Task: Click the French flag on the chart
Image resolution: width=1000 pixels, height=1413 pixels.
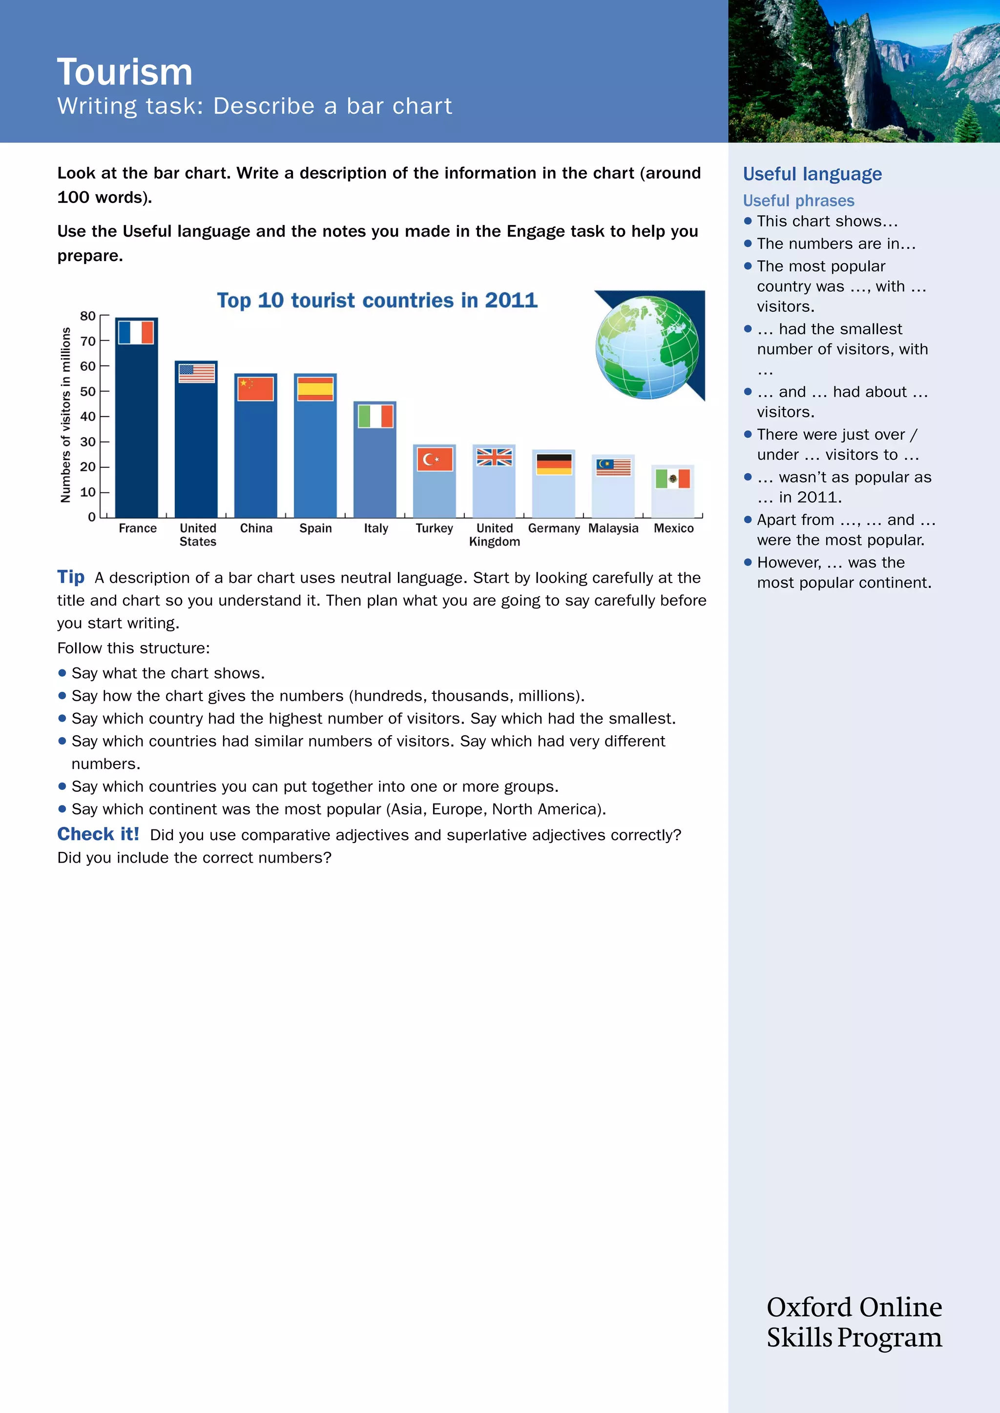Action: click(136, 332)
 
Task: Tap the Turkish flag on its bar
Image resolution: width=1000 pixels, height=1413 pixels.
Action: click(435, 459)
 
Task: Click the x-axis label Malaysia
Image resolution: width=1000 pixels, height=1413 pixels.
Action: click(613, 528)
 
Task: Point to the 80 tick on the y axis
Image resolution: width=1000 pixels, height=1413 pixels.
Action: click(88, 316)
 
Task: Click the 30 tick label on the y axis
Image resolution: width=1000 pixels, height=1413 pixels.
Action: click(88, 441)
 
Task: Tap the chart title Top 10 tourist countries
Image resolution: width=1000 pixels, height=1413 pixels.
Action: click(377, 301)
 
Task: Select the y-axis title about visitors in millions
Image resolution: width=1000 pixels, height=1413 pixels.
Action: click(65, 415)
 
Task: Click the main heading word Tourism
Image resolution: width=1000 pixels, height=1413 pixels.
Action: click(125, 72)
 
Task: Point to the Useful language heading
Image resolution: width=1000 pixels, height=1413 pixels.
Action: click(812, 174)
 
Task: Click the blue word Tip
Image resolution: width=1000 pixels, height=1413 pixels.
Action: click(71, 577)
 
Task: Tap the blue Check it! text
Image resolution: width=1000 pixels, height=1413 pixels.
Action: click(98, 834)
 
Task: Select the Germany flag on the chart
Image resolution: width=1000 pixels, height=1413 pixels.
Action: click(554, 464)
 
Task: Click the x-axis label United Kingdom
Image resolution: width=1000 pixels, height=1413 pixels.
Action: click(495, 535)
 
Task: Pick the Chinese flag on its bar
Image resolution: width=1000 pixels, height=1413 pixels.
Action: click(255, 389)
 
